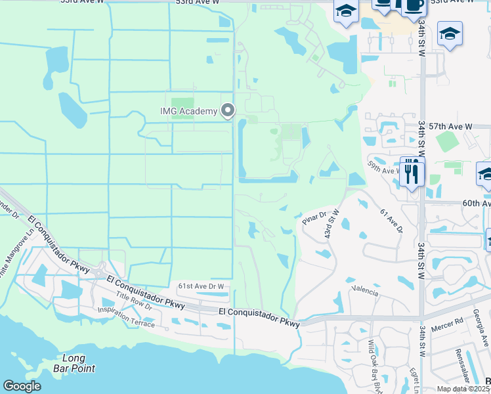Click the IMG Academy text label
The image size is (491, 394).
[188, 111]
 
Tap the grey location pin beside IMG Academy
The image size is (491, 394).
[228, 110]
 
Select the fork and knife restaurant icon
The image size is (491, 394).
[412, 173]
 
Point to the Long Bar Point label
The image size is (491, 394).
[74, 363]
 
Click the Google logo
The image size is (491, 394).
[22, 386]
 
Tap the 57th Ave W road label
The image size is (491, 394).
[454, 125]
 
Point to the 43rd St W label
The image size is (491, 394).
[330, 224]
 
